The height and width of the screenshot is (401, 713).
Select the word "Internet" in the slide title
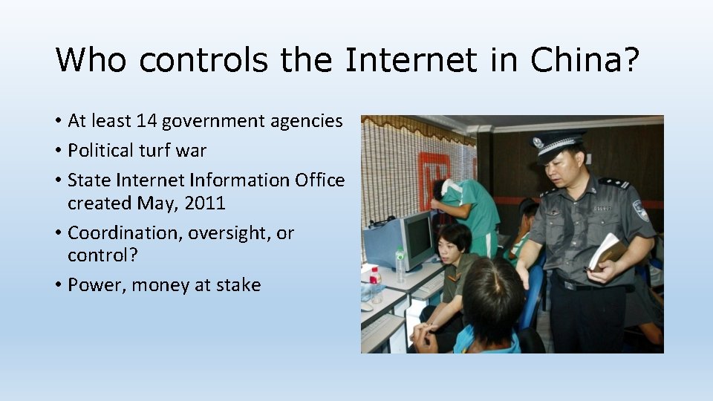(410, 59)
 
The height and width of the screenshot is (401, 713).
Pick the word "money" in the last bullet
(161, 285)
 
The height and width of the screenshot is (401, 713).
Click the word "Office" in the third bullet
(316, 180)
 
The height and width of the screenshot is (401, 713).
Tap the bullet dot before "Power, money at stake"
(59, 286)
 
